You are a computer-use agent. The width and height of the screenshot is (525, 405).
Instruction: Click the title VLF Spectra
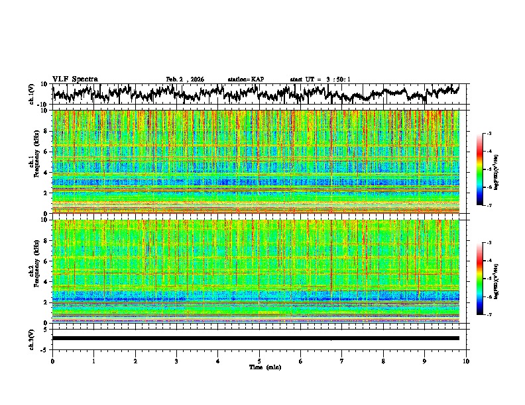75,79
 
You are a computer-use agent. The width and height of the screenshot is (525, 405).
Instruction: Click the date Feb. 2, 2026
185,79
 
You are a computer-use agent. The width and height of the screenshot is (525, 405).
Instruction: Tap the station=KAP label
246,79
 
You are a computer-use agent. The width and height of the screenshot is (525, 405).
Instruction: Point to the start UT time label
320,79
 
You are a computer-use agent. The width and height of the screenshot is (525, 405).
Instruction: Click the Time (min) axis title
261,367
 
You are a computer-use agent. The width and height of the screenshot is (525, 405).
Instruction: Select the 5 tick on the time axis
259,361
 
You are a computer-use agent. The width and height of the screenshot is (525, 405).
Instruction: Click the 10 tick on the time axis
466,361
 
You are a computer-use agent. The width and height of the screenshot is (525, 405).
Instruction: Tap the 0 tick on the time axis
52,361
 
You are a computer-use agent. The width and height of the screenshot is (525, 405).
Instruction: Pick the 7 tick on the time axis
342,361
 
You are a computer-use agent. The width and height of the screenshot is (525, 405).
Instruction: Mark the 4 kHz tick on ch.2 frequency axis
46,281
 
